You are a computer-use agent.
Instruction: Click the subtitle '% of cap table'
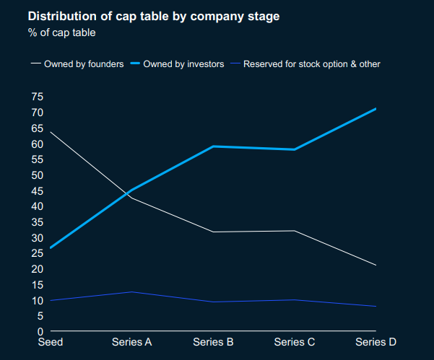[61, 32]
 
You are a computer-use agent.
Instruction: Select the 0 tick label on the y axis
[40, 331]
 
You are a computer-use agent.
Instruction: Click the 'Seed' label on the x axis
[51, 342]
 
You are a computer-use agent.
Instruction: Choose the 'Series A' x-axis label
[131, 342]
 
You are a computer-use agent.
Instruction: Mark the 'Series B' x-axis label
[213, 342]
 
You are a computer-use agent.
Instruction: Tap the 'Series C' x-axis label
[295, 342]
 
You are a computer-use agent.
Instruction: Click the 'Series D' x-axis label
[376, 342]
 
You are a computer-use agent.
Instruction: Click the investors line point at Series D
[376, 109]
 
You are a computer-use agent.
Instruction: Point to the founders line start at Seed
[51, 132]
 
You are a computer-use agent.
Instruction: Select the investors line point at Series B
[213, 146]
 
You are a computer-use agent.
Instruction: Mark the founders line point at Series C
[295, 231]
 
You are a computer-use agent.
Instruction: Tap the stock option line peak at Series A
[131, 292]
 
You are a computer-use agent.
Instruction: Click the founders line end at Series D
[376, 265]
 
